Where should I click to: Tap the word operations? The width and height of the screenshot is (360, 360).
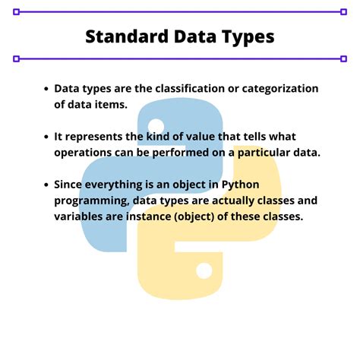85,153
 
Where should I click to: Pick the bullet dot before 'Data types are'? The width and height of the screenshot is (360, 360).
46,89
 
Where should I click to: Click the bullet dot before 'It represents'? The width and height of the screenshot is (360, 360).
46,137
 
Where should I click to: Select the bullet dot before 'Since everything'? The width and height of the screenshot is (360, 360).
46,185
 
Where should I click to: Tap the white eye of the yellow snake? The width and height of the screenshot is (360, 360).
203,270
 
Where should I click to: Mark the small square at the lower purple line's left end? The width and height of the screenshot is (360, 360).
16,58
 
